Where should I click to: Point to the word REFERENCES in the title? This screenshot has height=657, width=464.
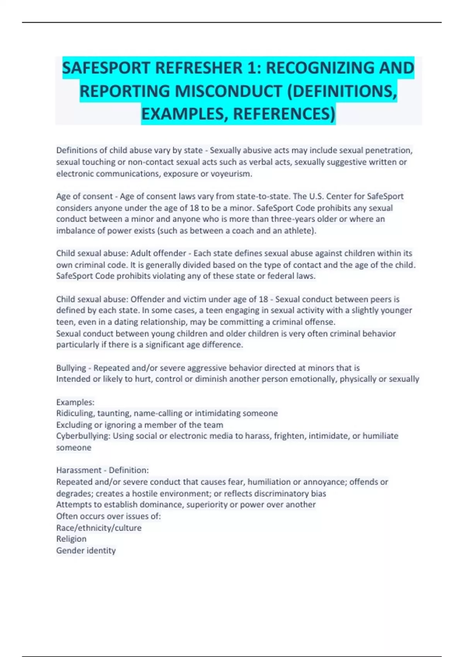[x=283, y=114]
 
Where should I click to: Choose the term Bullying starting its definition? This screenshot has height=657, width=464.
[x=71, y=368]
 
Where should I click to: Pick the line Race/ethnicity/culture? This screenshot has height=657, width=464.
[x=99, y=528]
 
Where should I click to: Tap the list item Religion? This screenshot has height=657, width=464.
[x=71, y=539]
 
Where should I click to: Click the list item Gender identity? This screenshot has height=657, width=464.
[x=86, y=550]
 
